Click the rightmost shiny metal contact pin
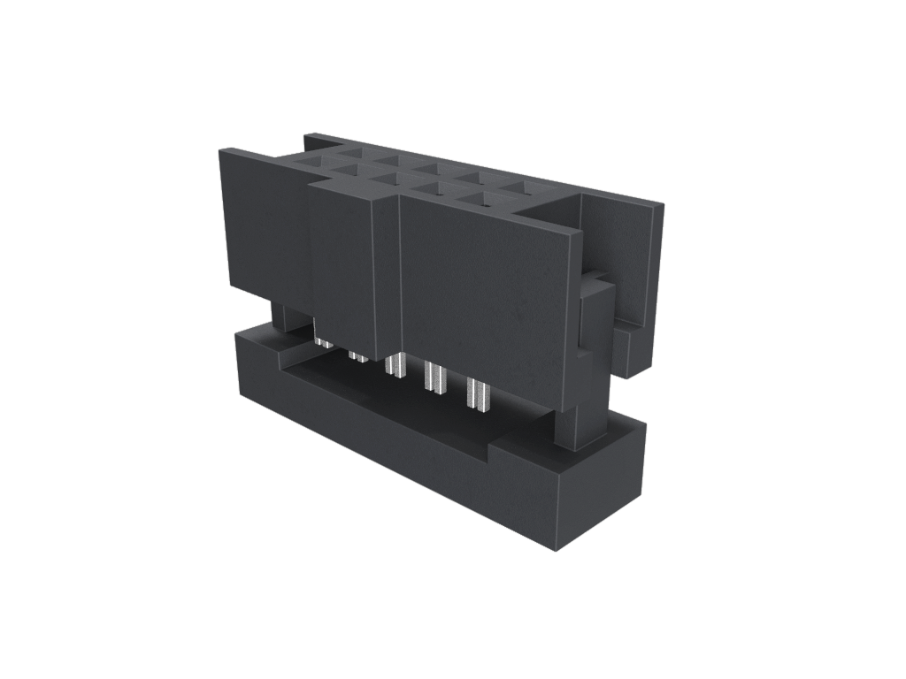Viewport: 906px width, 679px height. point(477,394)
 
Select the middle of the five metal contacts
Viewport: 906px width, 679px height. point(395,365)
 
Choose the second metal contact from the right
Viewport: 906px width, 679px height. point(434,378)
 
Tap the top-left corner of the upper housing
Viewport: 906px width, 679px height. point(221,152)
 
